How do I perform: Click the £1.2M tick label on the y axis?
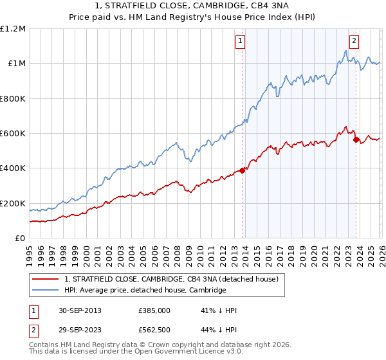pyautogui.click(x=13, y=28)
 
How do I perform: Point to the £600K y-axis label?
pyautogui.click(x=13, y=134)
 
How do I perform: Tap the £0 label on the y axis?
pyautogui.click(x=19, y=239)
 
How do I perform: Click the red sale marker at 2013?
pyautogui.click(x=242, y=170)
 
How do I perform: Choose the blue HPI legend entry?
pyautogui.click(x=145, y=290)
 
